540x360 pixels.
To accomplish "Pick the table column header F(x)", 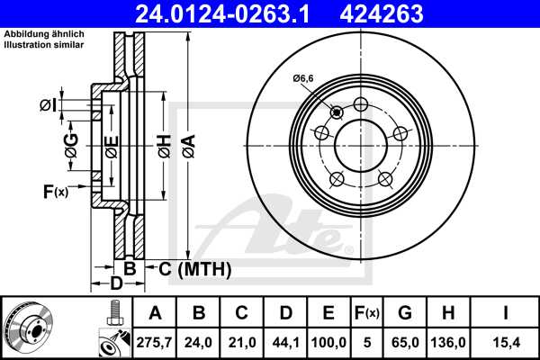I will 366,313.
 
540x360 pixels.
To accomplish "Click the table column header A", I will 155,313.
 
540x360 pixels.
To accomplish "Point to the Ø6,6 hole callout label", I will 303,79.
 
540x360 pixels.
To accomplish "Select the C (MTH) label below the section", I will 194,269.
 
